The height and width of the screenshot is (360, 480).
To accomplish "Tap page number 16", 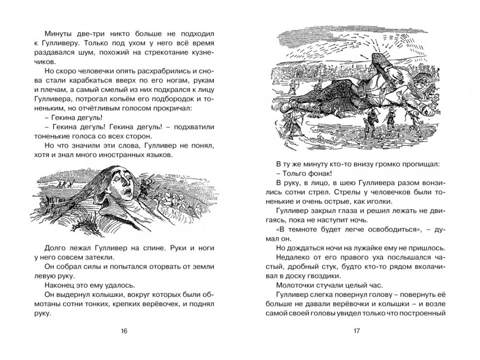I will click(x=124, y=331).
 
